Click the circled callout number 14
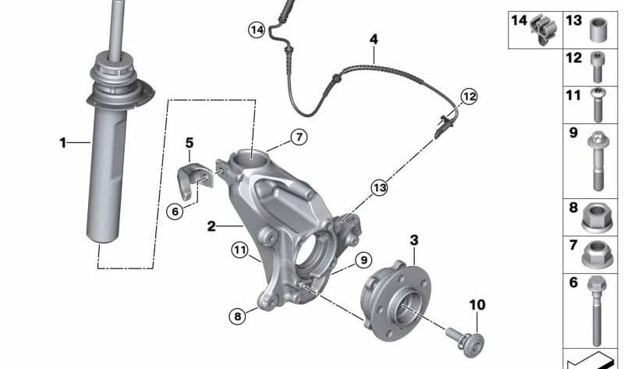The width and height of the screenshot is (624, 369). (x=257, y=30)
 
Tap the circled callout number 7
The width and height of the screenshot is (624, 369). (x=299, y=137)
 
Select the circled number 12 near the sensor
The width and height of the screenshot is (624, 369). (x=470, y=96)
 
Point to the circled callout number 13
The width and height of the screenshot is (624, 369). (x=380, y=187)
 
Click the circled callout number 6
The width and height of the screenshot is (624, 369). (x=175, y=211)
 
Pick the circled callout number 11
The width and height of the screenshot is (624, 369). (x=239, y=250)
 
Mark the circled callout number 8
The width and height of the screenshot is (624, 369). (x=238, y=317)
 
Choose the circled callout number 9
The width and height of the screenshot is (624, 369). (x=363, y=261)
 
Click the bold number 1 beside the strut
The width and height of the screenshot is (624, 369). (x=63, y=143)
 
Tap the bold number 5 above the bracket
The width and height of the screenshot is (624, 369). (x=190, y=143)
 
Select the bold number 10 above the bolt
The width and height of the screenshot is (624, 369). (x=477, y=305)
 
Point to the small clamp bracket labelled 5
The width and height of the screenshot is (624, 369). (x=194, y=180)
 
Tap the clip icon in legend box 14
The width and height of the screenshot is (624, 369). (x=544, y=30)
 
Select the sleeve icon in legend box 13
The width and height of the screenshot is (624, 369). (x=598, y=30)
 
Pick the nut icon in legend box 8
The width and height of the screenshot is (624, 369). (x=597, y=218)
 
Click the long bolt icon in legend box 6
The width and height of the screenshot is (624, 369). (x=597, y=311)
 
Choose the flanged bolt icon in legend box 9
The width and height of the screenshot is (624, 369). (x=598, y=161)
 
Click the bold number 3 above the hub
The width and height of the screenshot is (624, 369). (x=414, y=240)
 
